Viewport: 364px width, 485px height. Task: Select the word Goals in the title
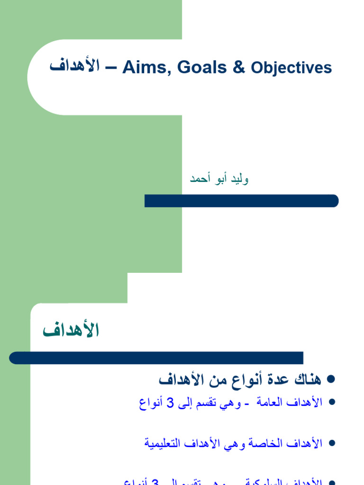(x=202, y=68)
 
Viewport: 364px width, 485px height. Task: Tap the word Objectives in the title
(x=291, y=68)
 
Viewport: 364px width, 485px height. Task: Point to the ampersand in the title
(x=239, y=68)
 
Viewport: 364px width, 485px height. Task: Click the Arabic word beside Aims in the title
(x=74, y=66)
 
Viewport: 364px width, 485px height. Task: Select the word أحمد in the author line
(x=200, y=179)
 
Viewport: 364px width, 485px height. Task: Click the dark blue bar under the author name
(x=241, y=201)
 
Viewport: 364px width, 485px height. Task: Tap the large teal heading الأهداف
(x=71, y=330)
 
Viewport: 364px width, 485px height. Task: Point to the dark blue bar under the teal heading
(x=156, y=358)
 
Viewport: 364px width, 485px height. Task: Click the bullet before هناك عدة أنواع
(x=331, y=379)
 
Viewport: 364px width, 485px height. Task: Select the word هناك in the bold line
(x=308, y=379)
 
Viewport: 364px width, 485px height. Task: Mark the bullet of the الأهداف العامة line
(x=331, y=402)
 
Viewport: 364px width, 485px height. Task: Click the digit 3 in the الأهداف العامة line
(x=170, y=403)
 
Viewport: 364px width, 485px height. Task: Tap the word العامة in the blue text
(x=273, y=403)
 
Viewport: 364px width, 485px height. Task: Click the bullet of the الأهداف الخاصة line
(x=331, y=443)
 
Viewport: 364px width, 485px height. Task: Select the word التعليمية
(x=164, y=443)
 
